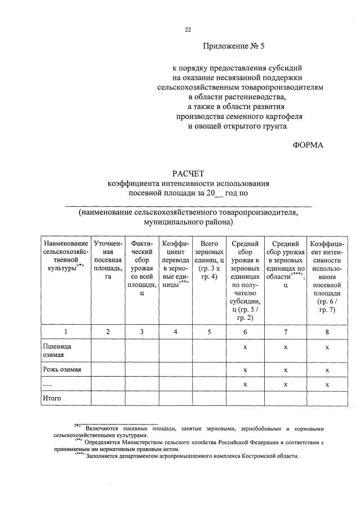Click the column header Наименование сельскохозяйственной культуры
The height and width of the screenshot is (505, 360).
(65, 256)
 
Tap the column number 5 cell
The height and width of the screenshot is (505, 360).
(209, 332)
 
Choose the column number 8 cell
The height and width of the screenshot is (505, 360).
(327, 332)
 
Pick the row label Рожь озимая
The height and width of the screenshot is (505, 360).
(63, 370)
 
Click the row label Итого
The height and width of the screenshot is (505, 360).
(52, 398)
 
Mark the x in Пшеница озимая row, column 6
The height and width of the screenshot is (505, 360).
(245, 347)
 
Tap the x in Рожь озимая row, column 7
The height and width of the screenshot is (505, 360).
(286, 370)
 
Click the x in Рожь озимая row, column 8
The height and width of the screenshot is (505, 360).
(327, 370)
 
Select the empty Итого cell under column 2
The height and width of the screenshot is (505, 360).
(108, 398)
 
